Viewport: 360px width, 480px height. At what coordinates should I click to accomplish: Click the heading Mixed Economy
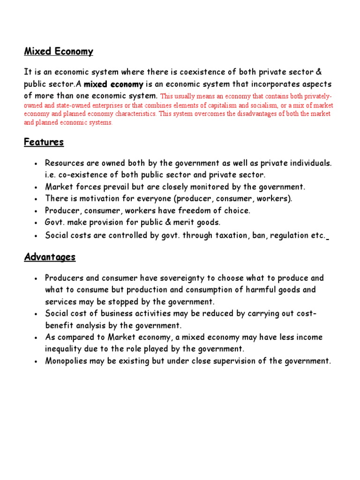pos(59,52)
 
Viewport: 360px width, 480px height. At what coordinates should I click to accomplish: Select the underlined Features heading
pos(44,142)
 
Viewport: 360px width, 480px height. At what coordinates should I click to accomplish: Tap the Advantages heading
pos(50,257)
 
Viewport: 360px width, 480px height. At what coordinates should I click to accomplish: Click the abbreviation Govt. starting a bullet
pos(55,222)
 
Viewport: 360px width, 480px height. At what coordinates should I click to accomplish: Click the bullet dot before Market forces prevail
pos(36,187)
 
